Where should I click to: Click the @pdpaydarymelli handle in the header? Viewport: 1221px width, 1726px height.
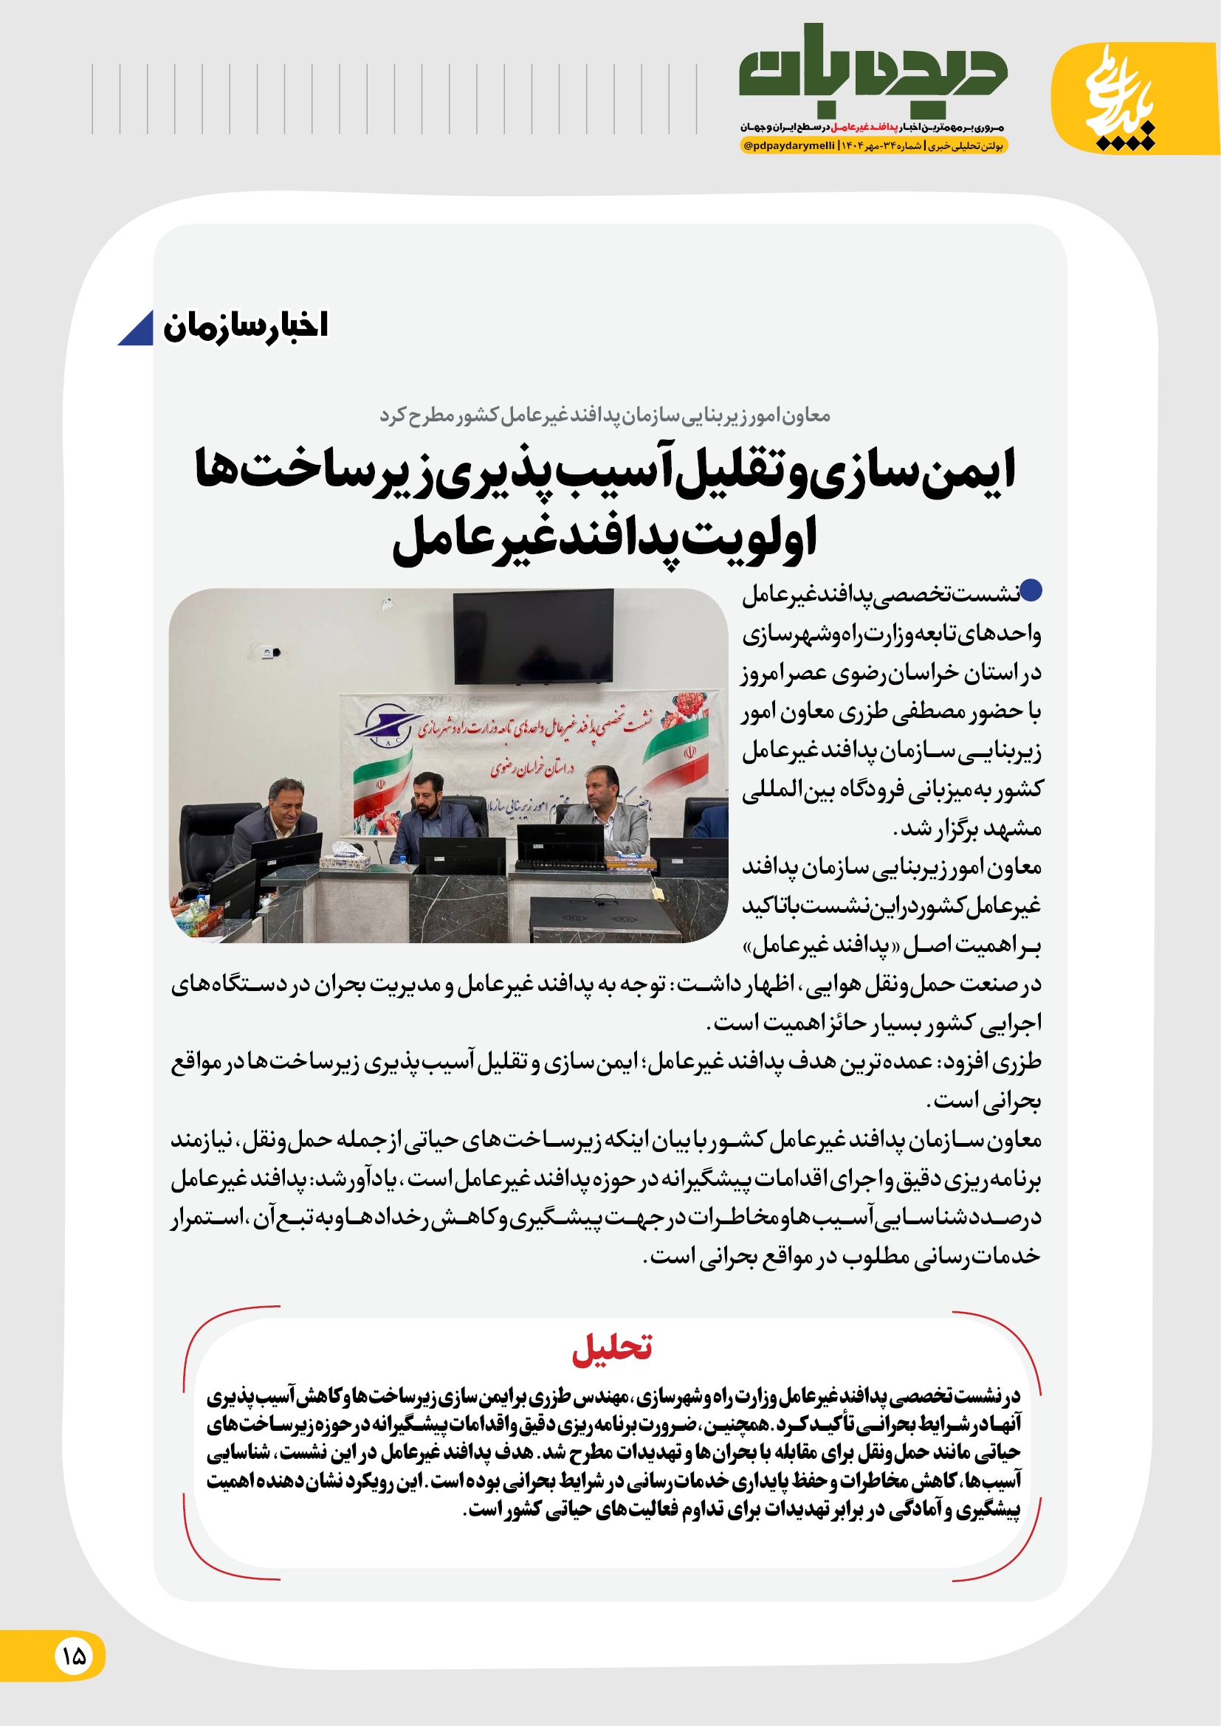pyautogui.click(x=788, y=146)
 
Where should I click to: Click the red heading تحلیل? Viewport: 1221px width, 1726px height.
pyautogui.click(x=611, y=1348)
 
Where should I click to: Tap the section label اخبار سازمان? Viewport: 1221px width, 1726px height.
pyautogui.click(x=245, y=326)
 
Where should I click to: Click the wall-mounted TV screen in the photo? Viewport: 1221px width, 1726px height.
pyautogui.click(x=533, y=635)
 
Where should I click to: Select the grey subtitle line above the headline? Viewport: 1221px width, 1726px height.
pyautogui.click(x=605, y=415)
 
